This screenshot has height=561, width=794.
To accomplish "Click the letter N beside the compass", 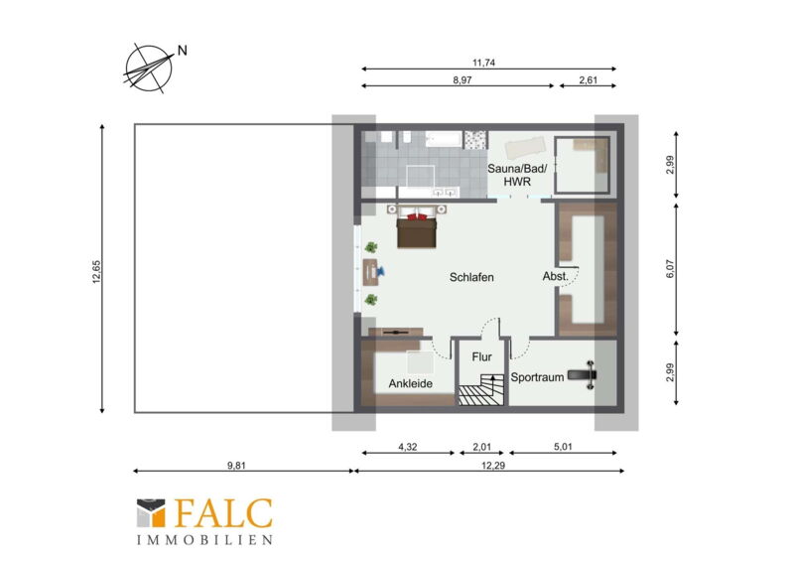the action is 183,51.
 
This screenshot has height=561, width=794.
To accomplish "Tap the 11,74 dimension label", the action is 483,63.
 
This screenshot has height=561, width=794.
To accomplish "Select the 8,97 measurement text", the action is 463,80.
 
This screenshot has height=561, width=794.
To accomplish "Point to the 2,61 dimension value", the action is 588,80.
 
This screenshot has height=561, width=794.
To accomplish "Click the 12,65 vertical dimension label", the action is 96,272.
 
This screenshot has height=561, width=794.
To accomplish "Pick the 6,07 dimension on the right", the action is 670,269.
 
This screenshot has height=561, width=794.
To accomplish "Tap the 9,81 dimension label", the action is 236,466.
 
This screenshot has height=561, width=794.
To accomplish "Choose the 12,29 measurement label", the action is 493,466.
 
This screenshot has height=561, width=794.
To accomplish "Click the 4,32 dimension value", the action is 408,447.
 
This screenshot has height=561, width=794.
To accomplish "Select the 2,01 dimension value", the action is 481,447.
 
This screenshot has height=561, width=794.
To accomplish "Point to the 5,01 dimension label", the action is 563,447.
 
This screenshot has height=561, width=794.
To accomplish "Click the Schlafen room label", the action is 471,277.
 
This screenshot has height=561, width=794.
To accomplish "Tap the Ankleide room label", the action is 411,383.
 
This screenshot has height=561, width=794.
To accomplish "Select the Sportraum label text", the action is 537,377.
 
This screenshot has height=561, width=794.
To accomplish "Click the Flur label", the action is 481,356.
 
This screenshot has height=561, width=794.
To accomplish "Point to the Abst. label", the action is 556,276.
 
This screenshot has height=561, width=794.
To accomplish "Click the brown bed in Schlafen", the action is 416,231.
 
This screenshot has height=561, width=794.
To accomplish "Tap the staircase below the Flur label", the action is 481,389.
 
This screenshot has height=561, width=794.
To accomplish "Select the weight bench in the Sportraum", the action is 583,375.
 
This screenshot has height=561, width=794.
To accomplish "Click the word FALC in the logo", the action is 223,513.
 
